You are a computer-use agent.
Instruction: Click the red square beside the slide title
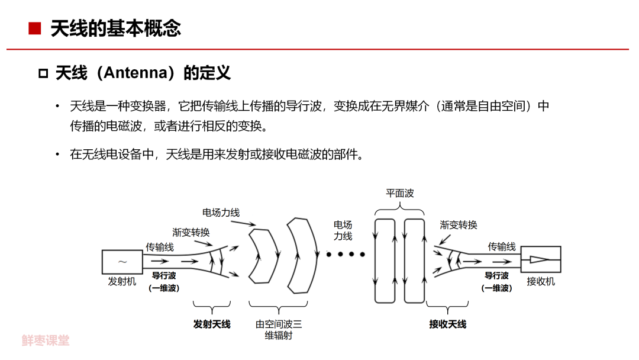pos(35,28)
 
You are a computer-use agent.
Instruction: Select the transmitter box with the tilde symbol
pos(122,261)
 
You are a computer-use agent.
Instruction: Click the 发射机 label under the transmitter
pos(122,281)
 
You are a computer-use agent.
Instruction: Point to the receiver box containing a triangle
pos(541,259)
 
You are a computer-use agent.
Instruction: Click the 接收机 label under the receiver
pos(541,281)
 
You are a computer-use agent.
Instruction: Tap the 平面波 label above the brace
pos(399,193)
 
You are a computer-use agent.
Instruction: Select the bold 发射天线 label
pos(212,324)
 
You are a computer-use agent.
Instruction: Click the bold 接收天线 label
pos(448,324)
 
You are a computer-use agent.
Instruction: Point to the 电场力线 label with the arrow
pos(221,213)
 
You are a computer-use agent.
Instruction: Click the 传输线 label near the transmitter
pos(160,247)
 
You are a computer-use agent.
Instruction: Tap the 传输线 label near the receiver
pos(502,246)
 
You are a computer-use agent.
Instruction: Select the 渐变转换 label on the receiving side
pos(459,225)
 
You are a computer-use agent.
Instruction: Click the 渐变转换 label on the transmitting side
pos(191,232)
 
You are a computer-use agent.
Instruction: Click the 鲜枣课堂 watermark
pos(46,340)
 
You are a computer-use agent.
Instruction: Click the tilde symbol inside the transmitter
pos(122,261)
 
